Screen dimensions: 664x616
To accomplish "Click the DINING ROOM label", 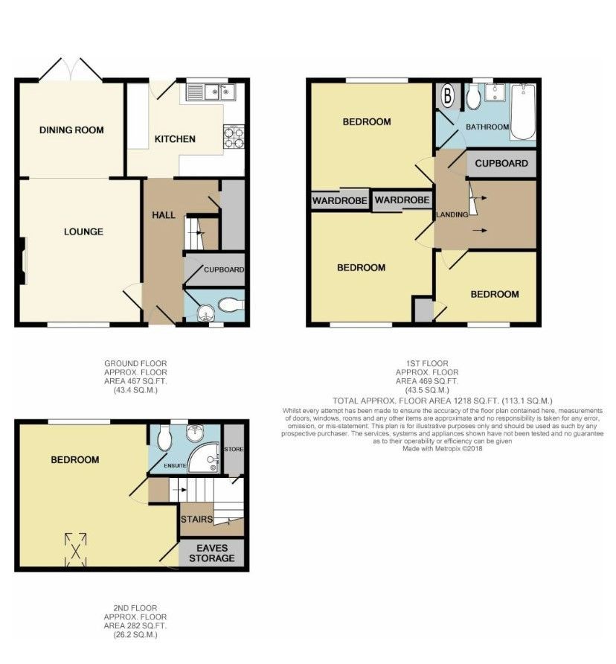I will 71,130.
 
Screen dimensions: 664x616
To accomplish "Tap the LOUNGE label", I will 83,232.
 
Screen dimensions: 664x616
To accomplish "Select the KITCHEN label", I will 175,139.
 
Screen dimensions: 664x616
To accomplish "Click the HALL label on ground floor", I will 164,215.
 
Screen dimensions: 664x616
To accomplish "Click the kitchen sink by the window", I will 211,92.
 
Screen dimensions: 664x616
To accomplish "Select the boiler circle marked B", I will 449,95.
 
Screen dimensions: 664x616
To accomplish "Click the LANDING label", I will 452,215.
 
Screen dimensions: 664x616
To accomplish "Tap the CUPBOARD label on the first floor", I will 501,164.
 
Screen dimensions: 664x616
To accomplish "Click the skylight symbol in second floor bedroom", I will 75,548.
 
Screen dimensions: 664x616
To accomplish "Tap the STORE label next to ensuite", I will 234,450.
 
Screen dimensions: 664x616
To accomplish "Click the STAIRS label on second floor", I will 196,519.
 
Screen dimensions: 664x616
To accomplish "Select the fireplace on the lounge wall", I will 23,261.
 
